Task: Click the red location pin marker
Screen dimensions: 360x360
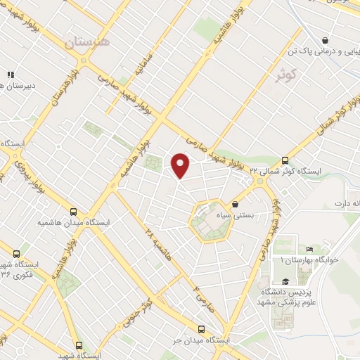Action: point(181,165)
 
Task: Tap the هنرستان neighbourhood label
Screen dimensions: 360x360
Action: point(89,43)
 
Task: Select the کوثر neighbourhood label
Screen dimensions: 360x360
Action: point(285,74)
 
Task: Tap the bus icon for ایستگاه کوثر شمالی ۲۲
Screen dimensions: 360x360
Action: point(285,160)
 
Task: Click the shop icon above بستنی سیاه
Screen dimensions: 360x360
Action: point(235,205)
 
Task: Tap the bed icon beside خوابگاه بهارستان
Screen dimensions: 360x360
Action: point(310,249)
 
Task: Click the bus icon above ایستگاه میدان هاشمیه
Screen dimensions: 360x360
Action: point(74,211)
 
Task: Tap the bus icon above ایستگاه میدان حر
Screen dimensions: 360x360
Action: point(201,328)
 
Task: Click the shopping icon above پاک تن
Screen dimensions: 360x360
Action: point(324,40)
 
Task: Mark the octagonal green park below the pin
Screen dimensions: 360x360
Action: point(208,221)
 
